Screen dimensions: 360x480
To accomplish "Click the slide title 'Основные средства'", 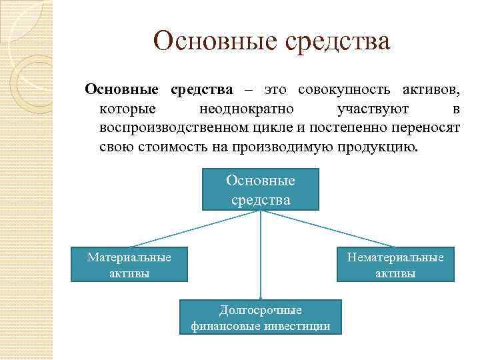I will tap(271, 42).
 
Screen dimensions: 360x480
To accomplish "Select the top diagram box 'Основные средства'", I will tap(261, 190).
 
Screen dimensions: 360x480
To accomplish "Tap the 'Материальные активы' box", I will tap(129, 265).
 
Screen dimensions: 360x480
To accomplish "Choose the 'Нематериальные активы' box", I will tap(395, 265).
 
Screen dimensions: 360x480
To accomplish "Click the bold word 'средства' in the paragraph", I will tap(201, 89).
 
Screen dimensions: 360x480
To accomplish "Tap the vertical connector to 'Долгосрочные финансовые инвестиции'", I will tap(261, 267).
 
